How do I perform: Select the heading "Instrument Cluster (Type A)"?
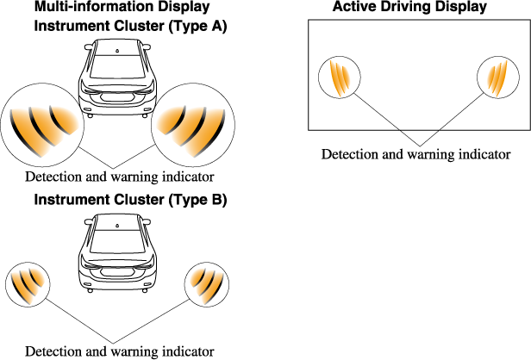click(x=130, y=26)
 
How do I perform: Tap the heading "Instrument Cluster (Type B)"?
click(x=130, y=201)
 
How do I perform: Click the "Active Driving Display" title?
click(x=409, y=8)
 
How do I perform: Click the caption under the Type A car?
click(x=119, y=177)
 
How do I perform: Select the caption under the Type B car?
click(x=119, y=351)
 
